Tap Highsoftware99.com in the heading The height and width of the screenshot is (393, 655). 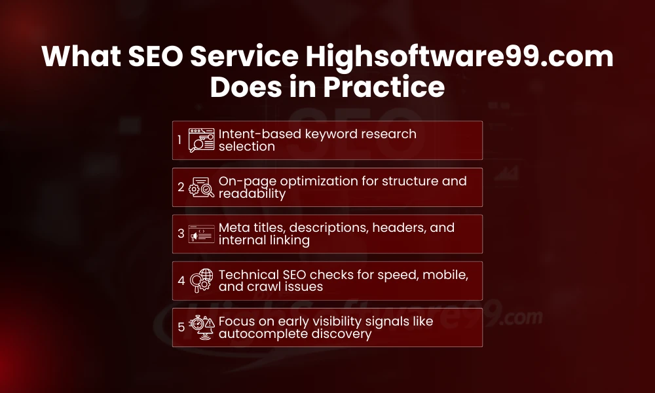pos(459,57)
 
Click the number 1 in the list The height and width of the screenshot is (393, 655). pos(180,140)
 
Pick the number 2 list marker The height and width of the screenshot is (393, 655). pos(181,187)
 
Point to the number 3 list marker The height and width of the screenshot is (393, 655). pos(181,234)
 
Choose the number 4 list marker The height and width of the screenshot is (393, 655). pos(181,280)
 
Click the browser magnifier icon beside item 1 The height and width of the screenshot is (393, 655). pos(201,140)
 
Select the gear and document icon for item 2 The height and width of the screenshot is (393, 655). pos(201,187)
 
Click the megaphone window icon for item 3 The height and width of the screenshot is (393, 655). pos(201,234)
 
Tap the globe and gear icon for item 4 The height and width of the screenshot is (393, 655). pos(201,281)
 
